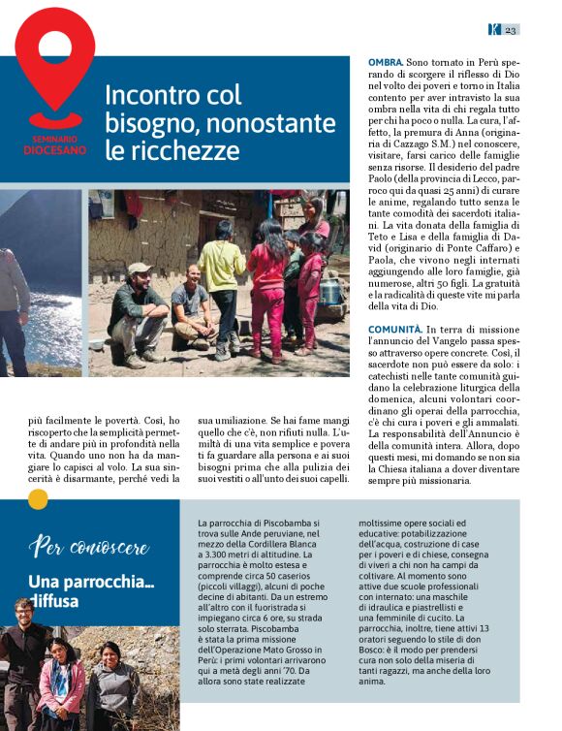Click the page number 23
[511, 29]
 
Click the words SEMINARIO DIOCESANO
[55, 146]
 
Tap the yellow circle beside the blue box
[38, 498]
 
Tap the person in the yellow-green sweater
[223, 283]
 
